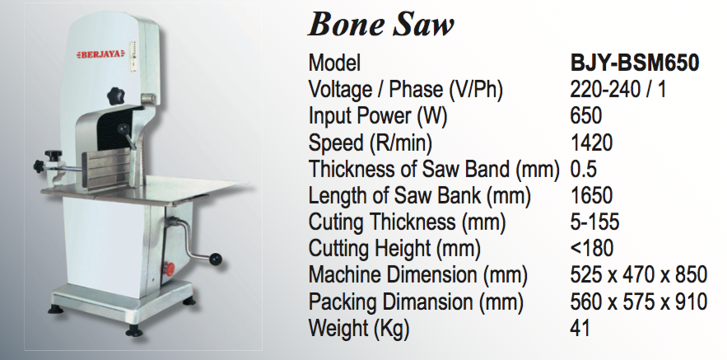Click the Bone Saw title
pyautogui.click(x=380, y=24)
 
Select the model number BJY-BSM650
pyautogui.click(x=634, y=63)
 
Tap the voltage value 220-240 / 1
pyautogui.click(x=617, y=89)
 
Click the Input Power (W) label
pyautogui.click(x=378, y=116)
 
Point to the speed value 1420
pyautogui.click(x=591, y=143)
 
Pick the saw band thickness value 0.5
pyautogui.click(x=583, y=170)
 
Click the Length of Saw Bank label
pyautogui.click(x=419, y=196)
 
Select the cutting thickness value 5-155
pyautogui.click(x=595, y=222)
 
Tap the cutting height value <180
pyautogui.click(x=592, y=249)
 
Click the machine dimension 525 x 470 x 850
pyautogui.click(x=638, y=275)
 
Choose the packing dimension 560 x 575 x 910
pyautogui.click(x=638, y=302)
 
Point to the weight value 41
pyautogui.click(x=580, y=328)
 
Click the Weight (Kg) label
pyautogui.click(x=359, y=329)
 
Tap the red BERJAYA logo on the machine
pyautogui.click(x=100, y=54)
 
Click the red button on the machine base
pyautogui.click(x=169, y=269)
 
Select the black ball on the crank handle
pyautogui.click(x=215, y=259)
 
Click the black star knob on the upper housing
pyautogui.click(x=116, y=96)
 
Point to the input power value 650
pyautogui.click(x=586, y=116)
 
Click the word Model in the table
pyautogui.click(x=334, y=63)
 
